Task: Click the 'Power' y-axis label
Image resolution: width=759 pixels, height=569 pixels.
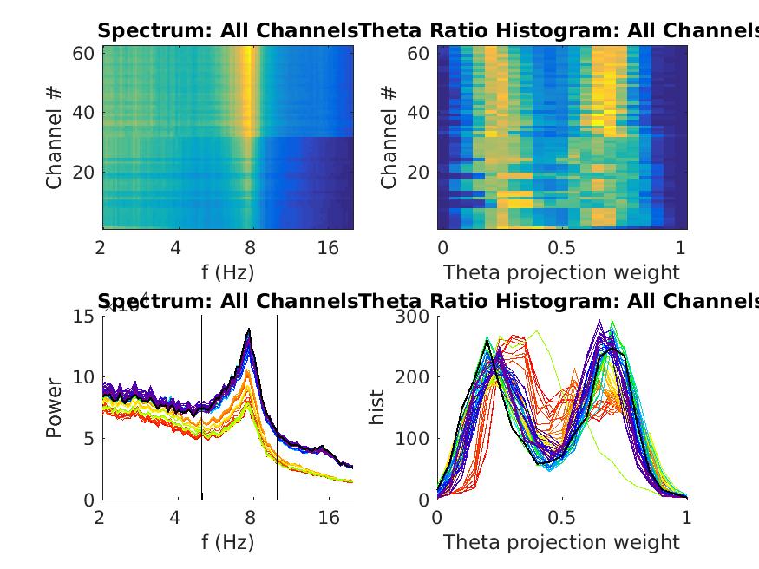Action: (x=54, y=407)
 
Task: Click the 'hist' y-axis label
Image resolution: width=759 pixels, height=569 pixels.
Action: (x=378, y=407)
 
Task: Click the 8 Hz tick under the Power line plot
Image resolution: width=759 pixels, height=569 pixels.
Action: (x=252, y=519)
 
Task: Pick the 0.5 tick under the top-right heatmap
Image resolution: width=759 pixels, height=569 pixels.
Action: (x=562, y=248)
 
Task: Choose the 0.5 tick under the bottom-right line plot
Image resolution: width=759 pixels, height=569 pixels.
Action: (x=562, y=519)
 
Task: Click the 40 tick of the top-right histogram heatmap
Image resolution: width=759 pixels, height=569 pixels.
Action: (x=417, y=112)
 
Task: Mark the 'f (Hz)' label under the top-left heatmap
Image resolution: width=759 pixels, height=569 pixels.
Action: (x=227, y=272)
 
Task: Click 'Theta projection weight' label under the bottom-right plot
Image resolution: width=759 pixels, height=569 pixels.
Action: (x=561, y=543)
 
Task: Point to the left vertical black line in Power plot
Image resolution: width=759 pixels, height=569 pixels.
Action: (x=202, y=407)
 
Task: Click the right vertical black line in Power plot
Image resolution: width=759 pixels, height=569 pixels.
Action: (x=278, y=407)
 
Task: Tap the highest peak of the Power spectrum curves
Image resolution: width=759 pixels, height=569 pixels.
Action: (x=249, y=330)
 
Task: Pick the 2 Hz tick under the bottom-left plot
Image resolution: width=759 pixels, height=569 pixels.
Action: (x=101, y=519)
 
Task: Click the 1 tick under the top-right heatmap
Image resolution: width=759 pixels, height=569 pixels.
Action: (x=681, y=248)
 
